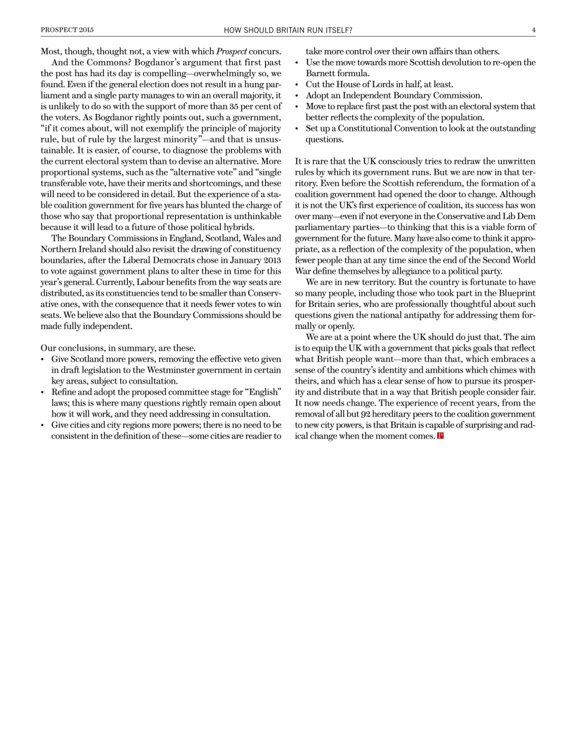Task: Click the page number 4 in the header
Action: (x=533, y=30)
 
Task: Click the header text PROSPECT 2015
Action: (x=67, y=30)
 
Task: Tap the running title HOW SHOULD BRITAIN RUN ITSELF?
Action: (x=288, y=30)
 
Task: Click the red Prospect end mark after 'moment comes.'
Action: (x=440, y=436)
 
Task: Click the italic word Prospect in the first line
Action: (x=231, y=52)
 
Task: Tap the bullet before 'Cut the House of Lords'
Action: (x=298, y=85)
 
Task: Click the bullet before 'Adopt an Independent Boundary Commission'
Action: (x=298, y=96)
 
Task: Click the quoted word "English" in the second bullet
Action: (x=265, y=392)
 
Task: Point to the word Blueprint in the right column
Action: (x=517, y=294)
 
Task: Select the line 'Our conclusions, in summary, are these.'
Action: (x=118, y=348)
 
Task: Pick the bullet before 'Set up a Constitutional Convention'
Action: (x=298, y=129)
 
